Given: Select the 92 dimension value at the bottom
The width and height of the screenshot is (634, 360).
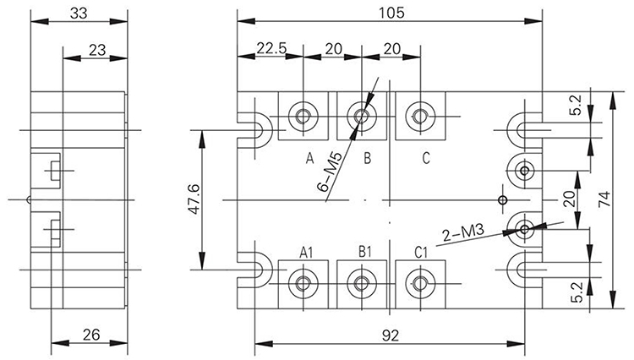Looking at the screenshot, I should click(x=390, y=335).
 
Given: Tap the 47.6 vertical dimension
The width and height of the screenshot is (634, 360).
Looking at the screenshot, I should click(x=194, y=199).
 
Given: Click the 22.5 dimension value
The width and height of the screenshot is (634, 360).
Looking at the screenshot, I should click(x=271, y=49).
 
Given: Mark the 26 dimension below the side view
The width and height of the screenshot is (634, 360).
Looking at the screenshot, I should click(x=91, y=335).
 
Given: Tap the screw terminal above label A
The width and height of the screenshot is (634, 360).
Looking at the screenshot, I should click(x=302, y=116).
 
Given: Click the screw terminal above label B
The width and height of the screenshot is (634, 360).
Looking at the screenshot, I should click(x=362, y=116).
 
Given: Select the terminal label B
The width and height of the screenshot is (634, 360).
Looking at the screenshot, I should click(x=367, y=157).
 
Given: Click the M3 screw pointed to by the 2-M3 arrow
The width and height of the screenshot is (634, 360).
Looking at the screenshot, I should click(x=524, y=228).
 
